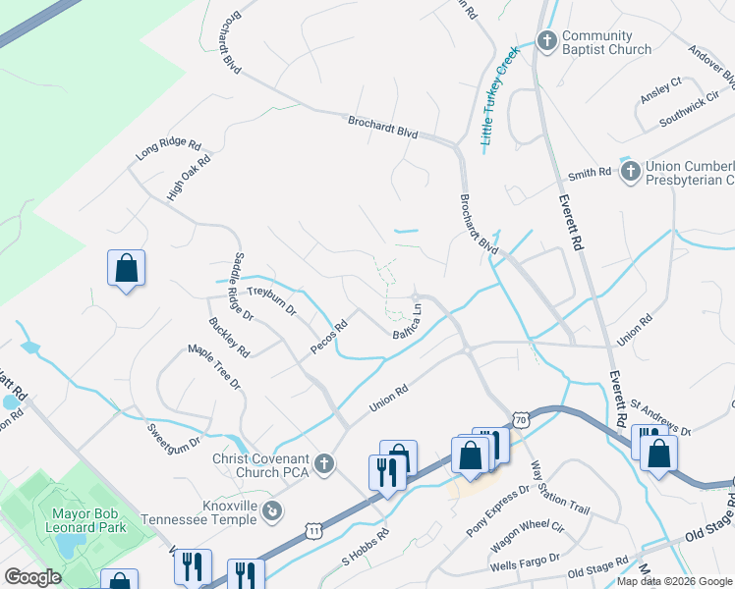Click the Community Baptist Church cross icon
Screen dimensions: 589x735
[x=546, y=40]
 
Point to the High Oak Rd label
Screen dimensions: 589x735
[x=190, y=178]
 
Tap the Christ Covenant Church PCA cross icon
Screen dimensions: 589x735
[x=325, y=462]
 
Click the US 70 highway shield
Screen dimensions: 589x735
[x=521, y=419]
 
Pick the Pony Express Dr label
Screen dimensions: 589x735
[x=498, y=504]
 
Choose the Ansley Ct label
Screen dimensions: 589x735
[x=660, y=89]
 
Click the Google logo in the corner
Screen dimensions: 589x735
[x=33, y=577]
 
